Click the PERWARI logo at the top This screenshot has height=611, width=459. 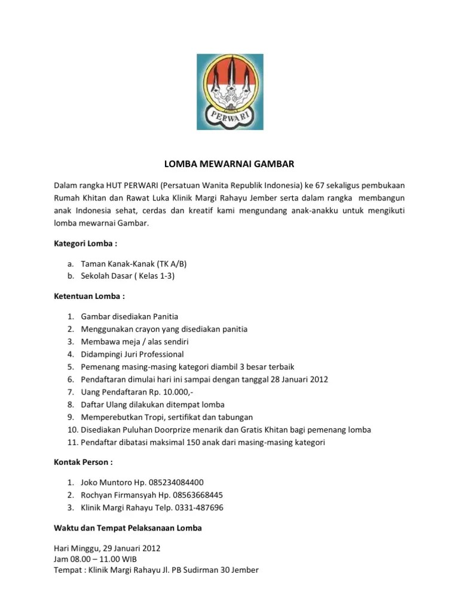[229, 92]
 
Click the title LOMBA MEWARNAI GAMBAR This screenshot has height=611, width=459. [229, 163]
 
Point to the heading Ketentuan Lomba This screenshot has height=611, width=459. [90, 296]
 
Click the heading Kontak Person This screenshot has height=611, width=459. [84, 462]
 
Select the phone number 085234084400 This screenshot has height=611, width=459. [179, 482]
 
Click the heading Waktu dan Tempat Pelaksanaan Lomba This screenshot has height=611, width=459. [128, 528]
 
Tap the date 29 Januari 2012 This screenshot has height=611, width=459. [131, 548]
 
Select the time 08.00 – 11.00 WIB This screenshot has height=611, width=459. [105, 559]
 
